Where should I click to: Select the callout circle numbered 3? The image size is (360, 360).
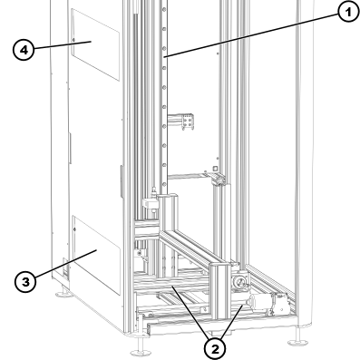[30, 281]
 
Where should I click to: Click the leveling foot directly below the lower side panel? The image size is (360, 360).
[63, 297]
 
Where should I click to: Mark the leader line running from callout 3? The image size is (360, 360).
[59, 267]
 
